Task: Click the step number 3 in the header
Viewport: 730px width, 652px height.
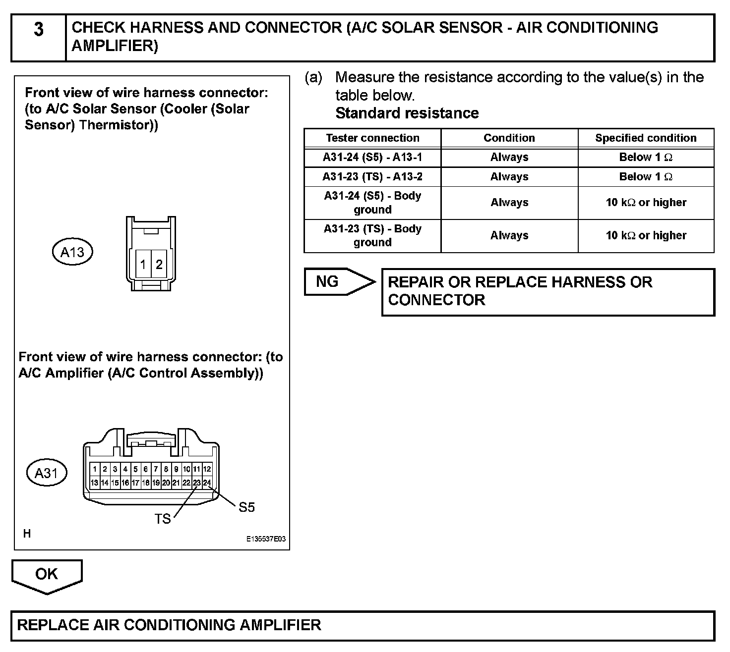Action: (39, 30)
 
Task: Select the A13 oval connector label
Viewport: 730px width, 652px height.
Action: (72, 252)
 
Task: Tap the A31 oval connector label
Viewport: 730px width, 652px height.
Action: (46, 473)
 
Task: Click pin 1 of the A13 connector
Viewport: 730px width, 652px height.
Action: (143, 265)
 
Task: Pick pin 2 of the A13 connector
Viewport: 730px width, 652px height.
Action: (159, 265)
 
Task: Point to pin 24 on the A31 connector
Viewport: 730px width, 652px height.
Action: (207, 482)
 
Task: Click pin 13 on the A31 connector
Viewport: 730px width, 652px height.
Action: (94, 482)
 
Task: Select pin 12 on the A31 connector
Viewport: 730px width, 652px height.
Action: (207, 469)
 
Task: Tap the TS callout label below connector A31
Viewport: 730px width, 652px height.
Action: (163, 519)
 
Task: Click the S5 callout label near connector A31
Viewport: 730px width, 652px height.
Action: (246, 507)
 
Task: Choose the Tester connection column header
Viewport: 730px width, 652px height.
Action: (372, 138)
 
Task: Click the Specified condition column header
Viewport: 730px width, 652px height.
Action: (646, 138)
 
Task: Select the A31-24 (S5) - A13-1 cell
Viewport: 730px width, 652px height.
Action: (372, 158)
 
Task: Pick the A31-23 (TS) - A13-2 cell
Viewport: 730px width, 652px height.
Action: (372, 177)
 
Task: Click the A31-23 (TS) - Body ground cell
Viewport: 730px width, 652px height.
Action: (372, 236)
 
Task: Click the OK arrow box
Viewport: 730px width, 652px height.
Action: (47, 575)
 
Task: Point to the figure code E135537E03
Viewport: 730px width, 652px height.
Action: (266, 540)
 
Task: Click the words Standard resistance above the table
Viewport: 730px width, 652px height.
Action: (407, 113)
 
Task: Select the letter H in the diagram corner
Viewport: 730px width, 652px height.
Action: (27, 534)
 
